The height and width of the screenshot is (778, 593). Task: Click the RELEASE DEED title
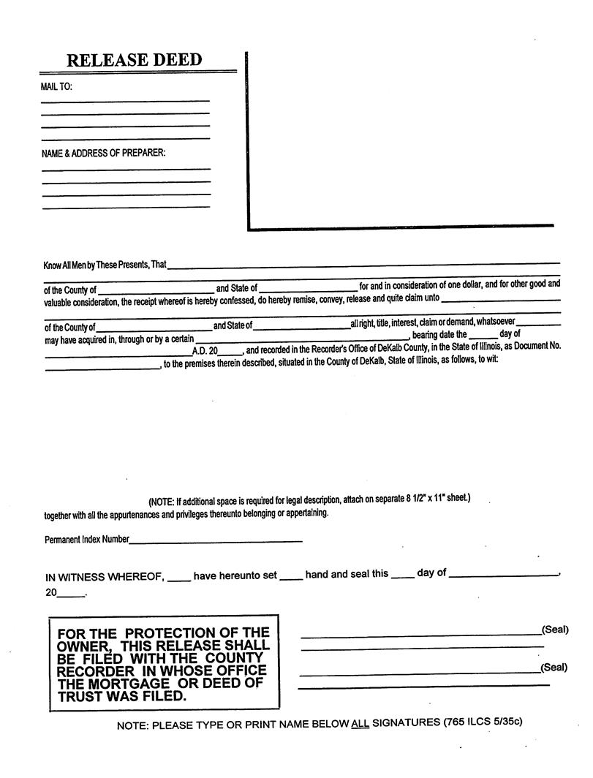(134, 60)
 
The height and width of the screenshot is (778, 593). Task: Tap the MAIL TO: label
(57, 87)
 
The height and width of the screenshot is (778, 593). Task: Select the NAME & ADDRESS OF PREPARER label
(104, 154)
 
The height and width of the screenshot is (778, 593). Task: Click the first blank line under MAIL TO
(125, 100)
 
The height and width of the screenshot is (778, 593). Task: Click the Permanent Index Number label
(86, 540)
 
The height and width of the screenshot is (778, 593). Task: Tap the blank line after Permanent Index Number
(216, 541)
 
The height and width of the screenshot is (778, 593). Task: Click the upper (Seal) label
(554, 630)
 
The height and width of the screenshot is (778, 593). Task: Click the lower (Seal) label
(554, 668)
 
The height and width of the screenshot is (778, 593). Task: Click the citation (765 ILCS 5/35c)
(483, 722)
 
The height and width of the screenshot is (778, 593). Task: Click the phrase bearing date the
(439, 335)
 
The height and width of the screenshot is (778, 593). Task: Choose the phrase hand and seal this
(347, 574)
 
